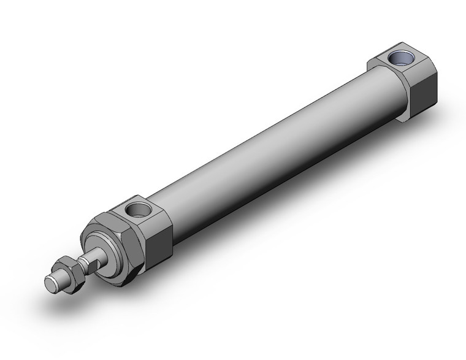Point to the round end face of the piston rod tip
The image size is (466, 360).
coord(51,283)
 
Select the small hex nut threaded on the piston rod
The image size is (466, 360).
coord(67,269)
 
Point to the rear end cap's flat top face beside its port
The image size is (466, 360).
coord(383,61)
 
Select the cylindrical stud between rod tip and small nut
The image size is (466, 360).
coord(59,277)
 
